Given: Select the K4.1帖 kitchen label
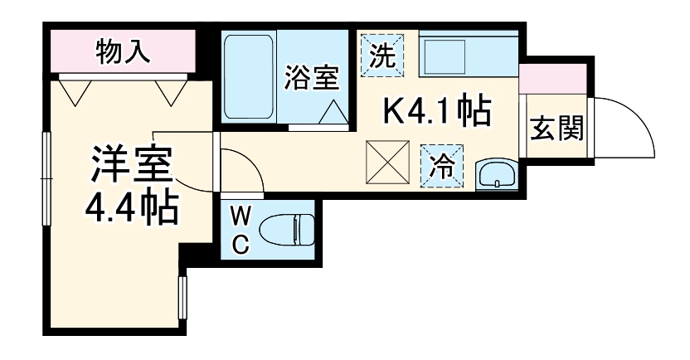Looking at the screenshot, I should click(x=437, y=109).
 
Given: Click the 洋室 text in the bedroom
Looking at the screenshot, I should click(x=132, y=164).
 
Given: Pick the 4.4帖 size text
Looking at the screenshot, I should click(x=132, y=209).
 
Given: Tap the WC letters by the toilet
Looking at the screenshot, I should click(x=240, y=231).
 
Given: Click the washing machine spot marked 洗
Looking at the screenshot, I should click(x=381, y=54).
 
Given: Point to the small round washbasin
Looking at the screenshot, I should click(x=496, y=174).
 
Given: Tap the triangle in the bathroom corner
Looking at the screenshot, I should click(x=333, y=113).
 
